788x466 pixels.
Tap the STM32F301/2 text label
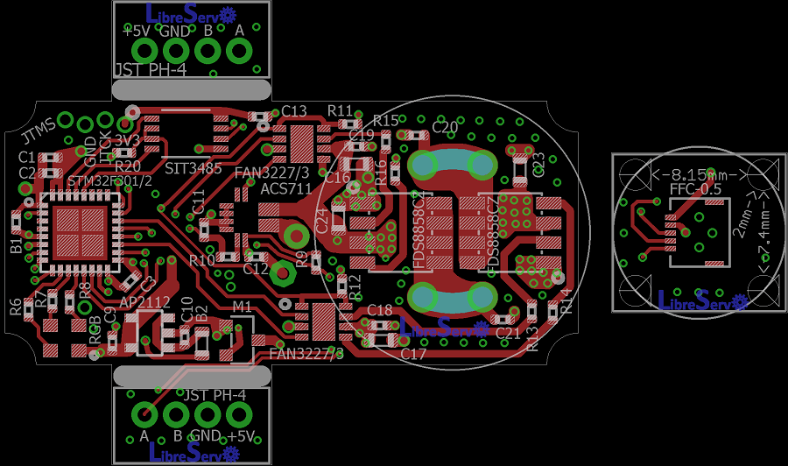coord(110,180)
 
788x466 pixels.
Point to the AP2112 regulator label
coord(144,301)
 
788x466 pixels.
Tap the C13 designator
coord(294,111)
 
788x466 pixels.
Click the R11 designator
coord(341,110)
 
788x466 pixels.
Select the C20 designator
coord(445,127)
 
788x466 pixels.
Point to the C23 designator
coord(539,164)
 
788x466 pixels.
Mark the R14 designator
coord(566,300)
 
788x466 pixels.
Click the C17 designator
coord(413,354)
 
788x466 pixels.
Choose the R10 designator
coord(201,260)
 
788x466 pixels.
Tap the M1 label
coord(242,307)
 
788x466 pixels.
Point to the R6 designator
coord(16,306)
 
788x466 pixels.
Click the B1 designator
coord(16,244)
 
